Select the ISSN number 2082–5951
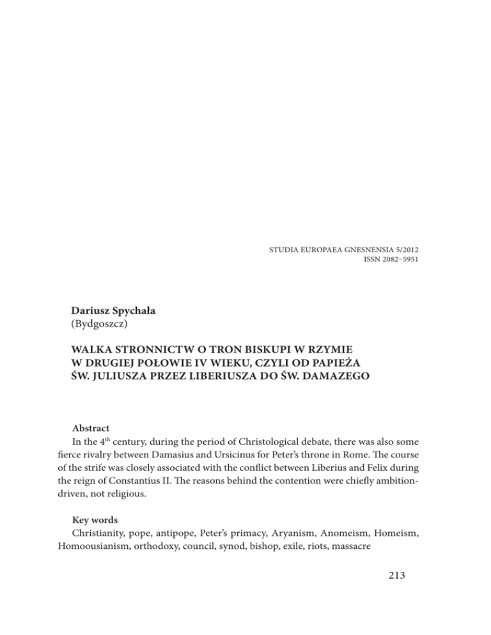tap(398, 261)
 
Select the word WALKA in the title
tap(93, 368)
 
